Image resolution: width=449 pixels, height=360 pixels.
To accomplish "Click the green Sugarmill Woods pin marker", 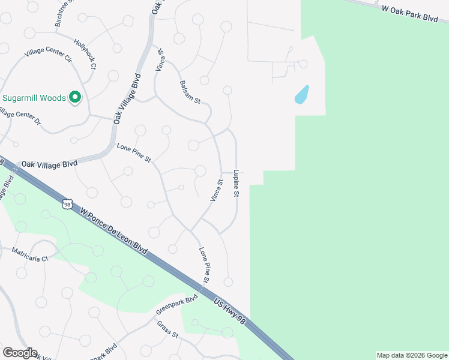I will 75,97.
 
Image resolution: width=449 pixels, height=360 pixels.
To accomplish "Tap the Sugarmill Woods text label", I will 34,98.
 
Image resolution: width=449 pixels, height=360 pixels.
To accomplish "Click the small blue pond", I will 301,95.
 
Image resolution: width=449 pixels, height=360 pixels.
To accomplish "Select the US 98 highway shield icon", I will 67,205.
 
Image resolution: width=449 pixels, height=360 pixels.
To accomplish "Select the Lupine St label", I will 237,183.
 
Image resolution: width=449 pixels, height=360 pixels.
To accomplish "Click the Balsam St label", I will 190,92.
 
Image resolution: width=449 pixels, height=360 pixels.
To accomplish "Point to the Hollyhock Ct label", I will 85,54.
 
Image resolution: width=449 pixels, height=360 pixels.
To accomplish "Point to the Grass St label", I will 167,329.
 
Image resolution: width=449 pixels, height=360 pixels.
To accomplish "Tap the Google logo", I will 20,352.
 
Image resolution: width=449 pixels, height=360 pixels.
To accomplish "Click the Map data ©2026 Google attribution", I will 412,355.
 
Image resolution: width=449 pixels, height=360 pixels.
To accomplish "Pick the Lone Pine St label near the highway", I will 204,265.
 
